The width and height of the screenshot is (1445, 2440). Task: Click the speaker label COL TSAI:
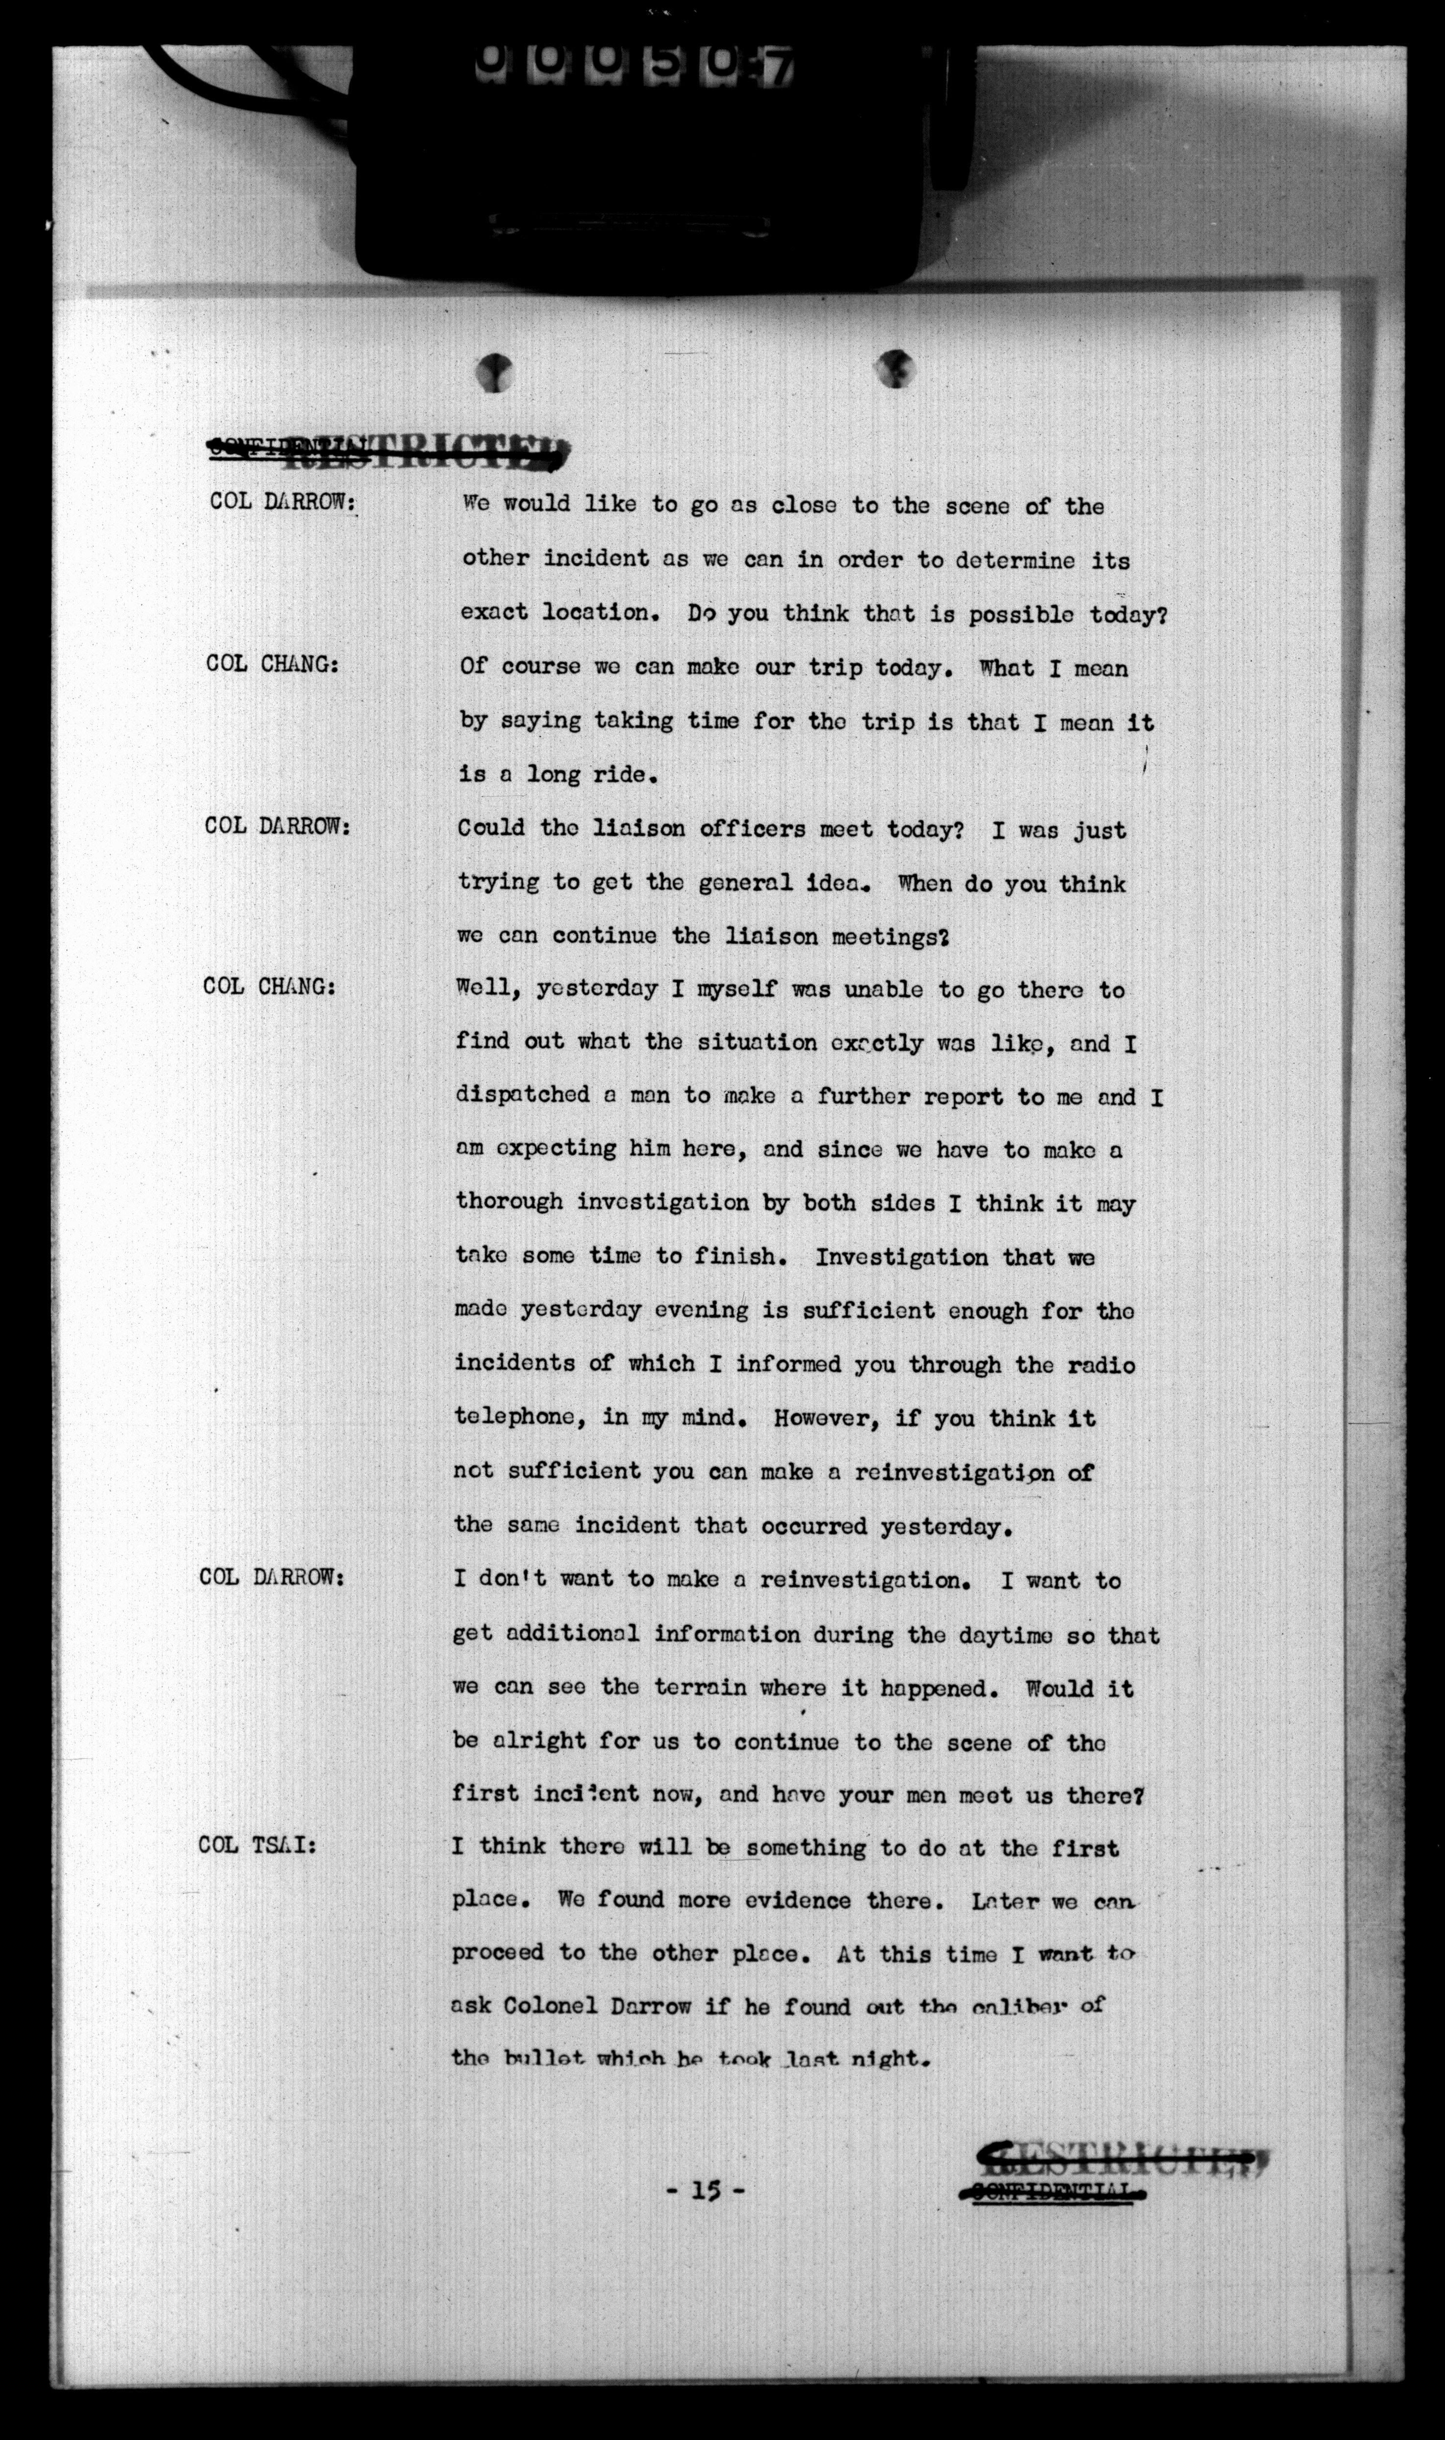point(257,1845)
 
